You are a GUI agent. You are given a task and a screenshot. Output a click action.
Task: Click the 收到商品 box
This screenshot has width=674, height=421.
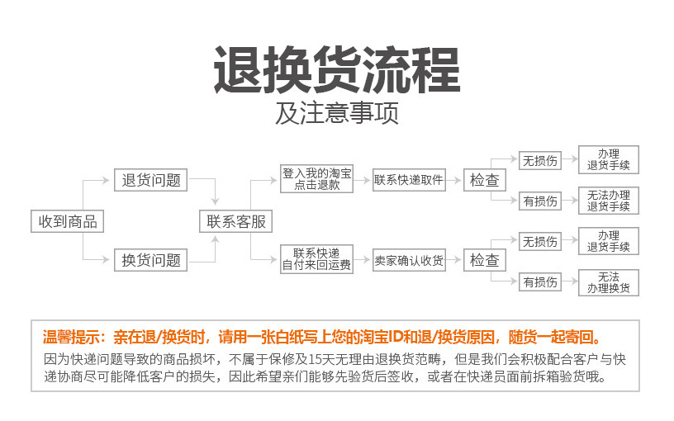(68, 221)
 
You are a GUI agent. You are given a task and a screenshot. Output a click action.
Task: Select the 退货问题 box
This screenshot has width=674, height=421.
(151, 180)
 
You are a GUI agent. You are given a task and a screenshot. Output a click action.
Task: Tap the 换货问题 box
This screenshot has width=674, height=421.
(151, 260)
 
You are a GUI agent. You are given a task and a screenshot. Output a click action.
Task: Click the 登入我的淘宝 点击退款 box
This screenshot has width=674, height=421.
(317, 180)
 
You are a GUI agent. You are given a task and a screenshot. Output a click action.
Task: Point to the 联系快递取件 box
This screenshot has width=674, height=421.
(409, 180)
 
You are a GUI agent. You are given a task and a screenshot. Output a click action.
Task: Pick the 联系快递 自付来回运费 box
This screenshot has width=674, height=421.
(317, 259)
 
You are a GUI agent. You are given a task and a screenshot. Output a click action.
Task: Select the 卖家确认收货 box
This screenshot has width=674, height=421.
(409, 260)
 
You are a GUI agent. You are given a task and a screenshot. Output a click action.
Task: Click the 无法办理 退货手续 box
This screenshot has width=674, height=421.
(609, 201)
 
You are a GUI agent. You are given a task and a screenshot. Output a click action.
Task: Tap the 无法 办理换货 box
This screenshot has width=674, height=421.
(609, 282)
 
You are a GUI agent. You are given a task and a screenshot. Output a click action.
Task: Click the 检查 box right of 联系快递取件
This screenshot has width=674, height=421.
(485, 180)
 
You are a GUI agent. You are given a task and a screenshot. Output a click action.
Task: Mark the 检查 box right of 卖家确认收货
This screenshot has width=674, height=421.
(485, 260)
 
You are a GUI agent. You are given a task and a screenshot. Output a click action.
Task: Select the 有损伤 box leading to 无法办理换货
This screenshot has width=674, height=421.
(540, 282)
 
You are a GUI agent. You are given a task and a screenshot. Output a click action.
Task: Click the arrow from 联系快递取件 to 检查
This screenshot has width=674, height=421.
(454, 180)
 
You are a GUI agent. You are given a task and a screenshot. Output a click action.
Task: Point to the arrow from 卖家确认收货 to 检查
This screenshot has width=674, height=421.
(454, 260)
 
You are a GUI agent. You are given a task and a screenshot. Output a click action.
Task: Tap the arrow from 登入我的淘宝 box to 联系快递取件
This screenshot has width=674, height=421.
(363, 180)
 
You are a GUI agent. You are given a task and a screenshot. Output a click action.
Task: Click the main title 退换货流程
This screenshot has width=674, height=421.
(337, 71)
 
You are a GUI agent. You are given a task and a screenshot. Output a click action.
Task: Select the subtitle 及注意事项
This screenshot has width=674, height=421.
(337, 113)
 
